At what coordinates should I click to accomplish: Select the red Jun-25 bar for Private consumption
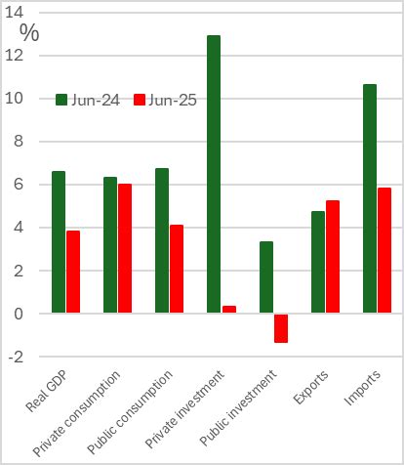tap(124, 248)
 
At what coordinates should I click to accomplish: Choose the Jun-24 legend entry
tap(88, 100)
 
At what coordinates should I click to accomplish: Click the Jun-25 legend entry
tap(167, 100)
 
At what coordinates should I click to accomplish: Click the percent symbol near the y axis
tap(29, 32)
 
